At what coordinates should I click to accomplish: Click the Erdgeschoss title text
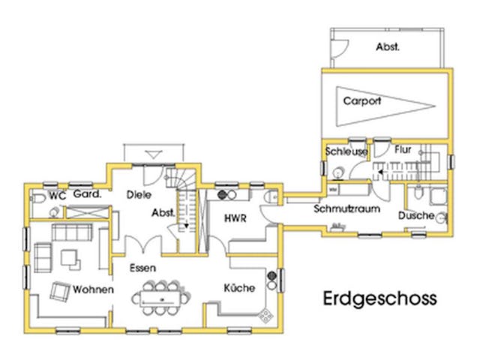(379, 298)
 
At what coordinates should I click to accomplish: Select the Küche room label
(239, 288)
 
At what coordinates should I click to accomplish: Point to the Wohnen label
(94, 289)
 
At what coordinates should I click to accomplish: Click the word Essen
(142, 268)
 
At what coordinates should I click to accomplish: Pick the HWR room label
(235, 218)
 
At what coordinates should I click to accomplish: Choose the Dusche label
(416, 216)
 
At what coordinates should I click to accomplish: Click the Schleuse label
(346, 151)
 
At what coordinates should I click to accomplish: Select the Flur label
(403, 150)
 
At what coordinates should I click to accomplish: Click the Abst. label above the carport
(388, 46)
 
